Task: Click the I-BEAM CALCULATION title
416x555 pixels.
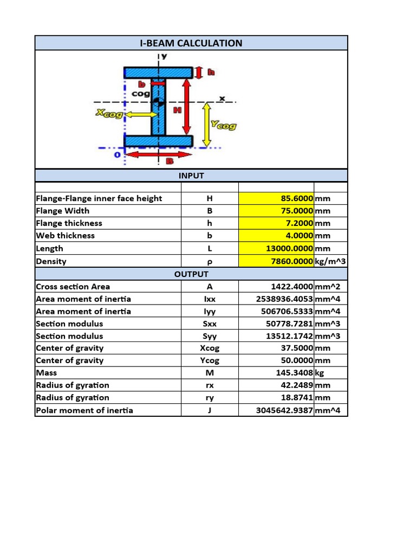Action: pyautogui.click(x=191, y=43)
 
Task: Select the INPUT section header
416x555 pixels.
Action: pyautogui.click(x=191, y=176)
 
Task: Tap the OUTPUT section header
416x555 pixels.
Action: pyautogui.click(x=191, y=274)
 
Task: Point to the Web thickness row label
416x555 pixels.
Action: pyautogui.click(x=65, y=236)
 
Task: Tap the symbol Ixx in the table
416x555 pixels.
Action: pyautogui.click(x=210, y=299)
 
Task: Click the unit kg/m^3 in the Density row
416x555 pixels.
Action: pyautogui.click(x=330, y=261)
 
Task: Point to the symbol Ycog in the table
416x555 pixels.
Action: pyautogui.click(x=210, y=360)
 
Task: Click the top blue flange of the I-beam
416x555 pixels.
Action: pyautogui.click(x=158, y=72)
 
